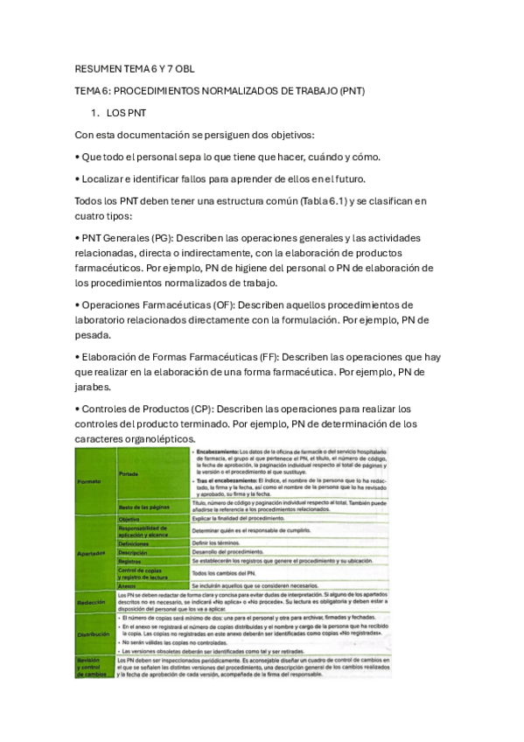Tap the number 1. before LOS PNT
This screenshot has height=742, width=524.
(96, 113)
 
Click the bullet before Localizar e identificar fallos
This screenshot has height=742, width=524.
(77, 178)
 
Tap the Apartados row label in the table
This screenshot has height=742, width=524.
(92, 552)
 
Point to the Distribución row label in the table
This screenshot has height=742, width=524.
(94, 634)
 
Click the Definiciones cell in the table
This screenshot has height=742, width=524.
(136, 543)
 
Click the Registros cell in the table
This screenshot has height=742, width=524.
(134, 560)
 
